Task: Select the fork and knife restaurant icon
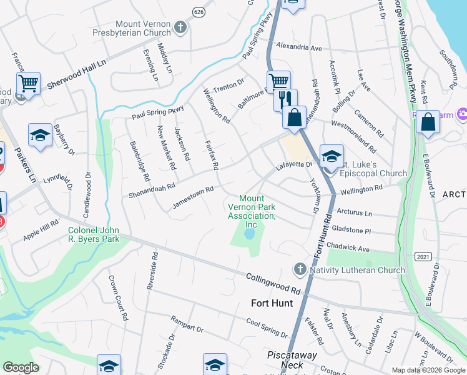pyautogui.click(x=285, y=99)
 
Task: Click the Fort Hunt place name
pyautogui.click(x=272, y=303)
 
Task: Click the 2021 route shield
pyautogui.click(x=423, y=256)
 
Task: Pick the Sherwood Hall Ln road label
pyautogui.click(x=76, y=76)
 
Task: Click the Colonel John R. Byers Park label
pyautogui.click(x=93, y=234)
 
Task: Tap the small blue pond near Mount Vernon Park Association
pyautogui.click(x=250, y=234)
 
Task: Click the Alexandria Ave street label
pyautogui.click(x=298, y=47)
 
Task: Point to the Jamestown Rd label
pyautogui.click(x=193, y=197)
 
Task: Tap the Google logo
pyautogui.click(x=21, y=367)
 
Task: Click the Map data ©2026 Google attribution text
pyautogui.click(x=428, y=370)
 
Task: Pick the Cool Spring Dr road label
pyautogui.click(x=266, y=327)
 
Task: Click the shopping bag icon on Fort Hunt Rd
pyautogui.click(x=294, y=117)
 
